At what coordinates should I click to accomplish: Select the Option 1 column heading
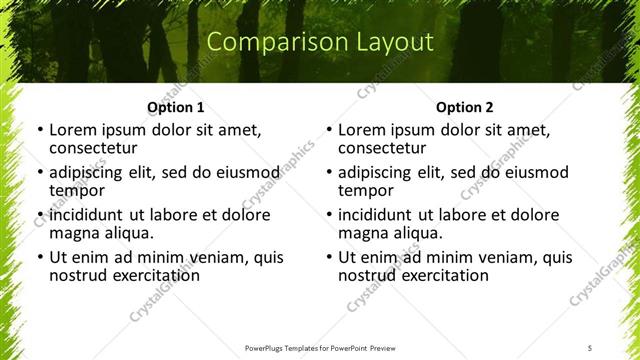175,107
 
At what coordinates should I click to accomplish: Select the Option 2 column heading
465,107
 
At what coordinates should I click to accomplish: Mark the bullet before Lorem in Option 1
39,131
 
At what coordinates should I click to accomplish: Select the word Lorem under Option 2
361,130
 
